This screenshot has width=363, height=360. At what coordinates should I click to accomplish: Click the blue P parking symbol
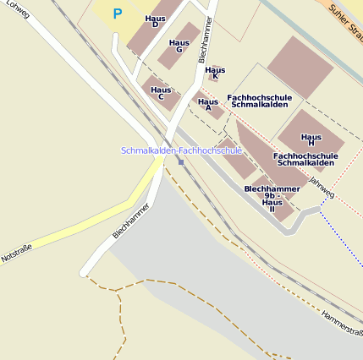[x=118, y=14]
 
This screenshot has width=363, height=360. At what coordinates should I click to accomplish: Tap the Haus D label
[x=155, y=20]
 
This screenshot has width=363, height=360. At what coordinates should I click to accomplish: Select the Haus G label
[x=179, y=46]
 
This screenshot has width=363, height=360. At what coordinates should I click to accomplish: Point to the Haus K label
[x=215, y=73]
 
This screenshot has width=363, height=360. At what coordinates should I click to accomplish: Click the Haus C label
[x=161, y=93]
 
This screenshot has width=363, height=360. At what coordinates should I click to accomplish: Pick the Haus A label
[x=207, y=105]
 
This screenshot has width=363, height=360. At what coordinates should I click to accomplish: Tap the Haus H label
[x=311, y=139]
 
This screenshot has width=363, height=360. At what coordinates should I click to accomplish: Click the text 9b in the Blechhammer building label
[x=271, y=195]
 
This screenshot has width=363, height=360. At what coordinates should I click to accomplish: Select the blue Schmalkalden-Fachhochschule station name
[x=182, y=150]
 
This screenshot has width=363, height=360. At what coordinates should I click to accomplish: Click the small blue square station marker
[x=181, y=161]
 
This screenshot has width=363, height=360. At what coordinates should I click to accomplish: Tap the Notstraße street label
[x=16, y=252]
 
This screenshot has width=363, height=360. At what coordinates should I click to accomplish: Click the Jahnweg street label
[x=322, y=188]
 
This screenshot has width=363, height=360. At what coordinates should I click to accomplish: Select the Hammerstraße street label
[x=342, y=325]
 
